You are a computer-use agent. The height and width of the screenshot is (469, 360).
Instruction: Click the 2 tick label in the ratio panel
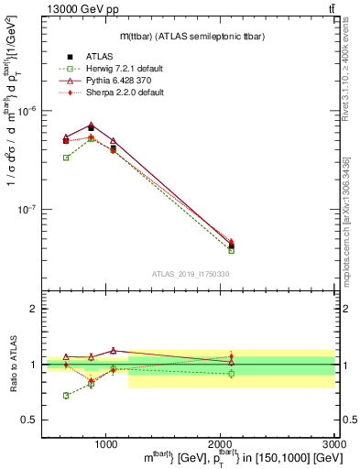(33, 310)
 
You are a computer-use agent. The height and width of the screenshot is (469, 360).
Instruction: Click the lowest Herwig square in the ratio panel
(66, 396)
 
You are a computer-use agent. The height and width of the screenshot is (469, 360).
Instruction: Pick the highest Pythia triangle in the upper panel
(91, 125)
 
